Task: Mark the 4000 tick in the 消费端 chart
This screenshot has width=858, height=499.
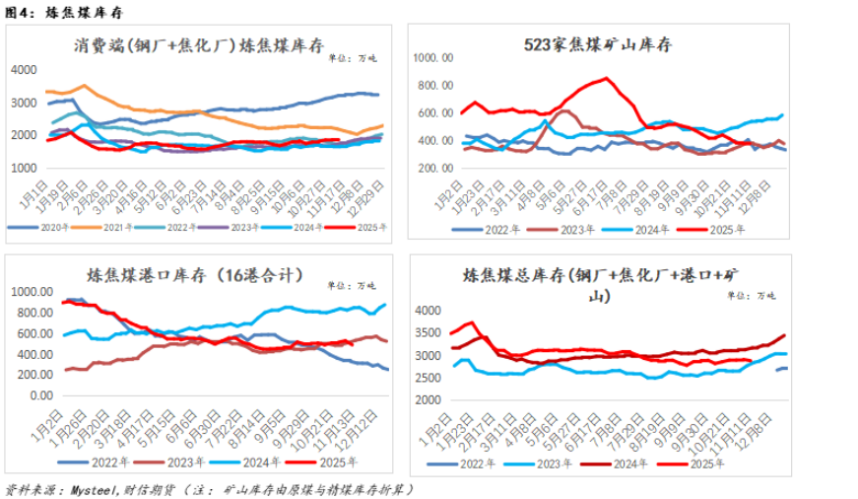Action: pyautogui.click(x=25, y=69)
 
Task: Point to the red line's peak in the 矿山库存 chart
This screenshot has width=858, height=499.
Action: pyautogui.click(x=607, y=78)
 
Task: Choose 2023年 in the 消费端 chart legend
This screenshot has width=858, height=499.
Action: pyautogui.click(x=240, y=228)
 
